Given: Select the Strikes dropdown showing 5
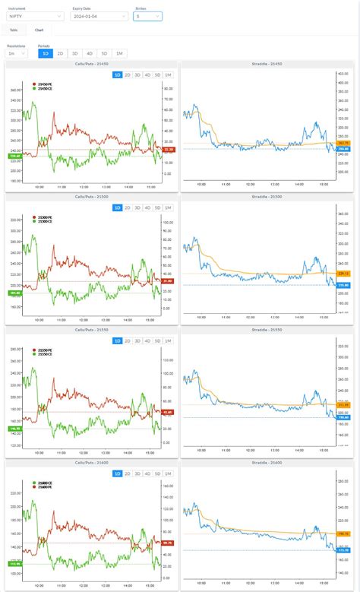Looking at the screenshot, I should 147,16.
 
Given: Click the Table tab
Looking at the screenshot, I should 14,30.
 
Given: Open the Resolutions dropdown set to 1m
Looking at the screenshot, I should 16,54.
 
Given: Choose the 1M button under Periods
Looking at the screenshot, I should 120,54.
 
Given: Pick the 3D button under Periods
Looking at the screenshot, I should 74,54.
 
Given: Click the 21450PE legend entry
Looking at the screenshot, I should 43,84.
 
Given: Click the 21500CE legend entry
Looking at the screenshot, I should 43,221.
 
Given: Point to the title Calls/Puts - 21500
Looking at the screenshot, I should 91,196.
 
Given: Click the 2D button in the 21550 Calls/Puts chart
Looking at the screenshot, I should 128,341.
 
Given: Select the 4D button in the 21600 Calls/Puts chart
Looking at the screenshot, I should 147,473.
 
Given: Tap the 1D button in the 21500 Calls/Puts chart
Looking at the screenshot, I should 118,207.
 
